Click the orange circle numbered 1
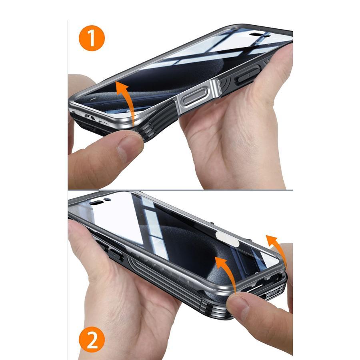tap(92, 38)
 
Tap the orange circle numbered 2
tap(92, 340)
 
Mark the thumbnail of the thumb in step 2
tap(239, 306)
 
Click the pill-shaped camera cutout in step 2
tap(97, 203)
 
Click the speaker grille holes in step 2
tap(273, 292)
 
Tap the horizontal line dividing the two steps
tap(180, 190)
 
